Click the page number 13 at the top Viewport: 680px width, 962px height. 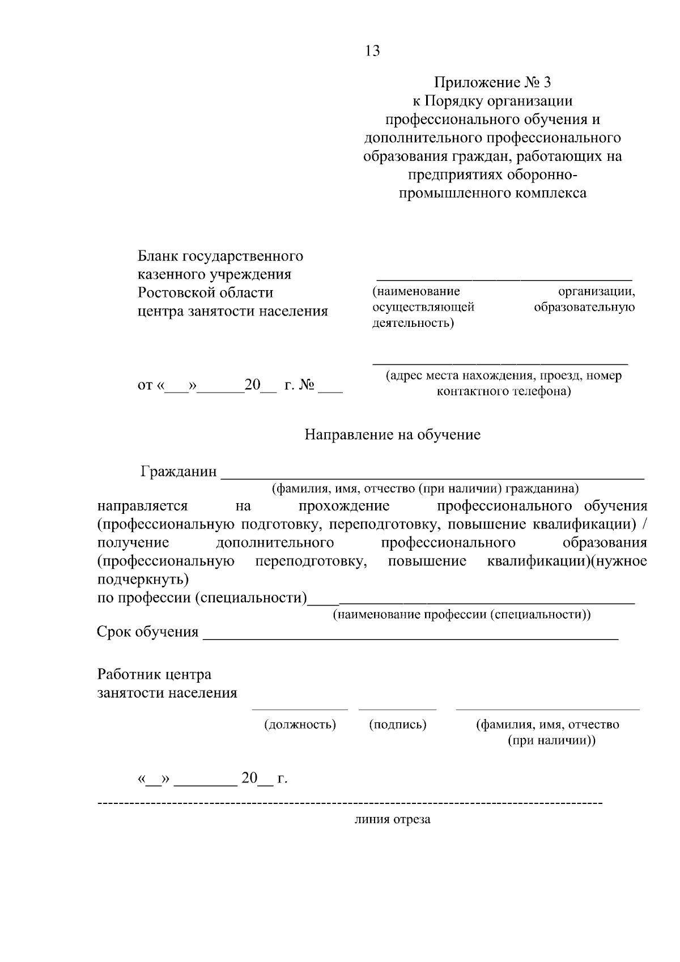(x=373, y=51)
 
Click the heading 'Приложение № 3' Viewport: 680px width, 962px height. (x=492, y=83)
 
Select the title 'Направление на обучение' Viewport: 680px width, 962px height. (x=392, y=435)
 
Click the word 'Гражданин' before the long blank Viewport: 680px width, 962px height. (x=178, y=471)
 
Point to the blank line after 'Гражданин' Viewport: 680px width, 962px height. (x=432, y=478)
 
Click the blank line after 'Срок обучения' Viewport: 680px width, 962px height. (x=410, y=639)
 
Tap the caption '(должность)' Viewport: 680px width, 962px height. (x=300, y=724)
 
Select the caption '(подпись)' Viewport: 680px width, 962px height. (x=397, y=724)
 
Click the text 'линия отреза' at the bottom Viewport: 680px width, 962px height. (x=392, y=819)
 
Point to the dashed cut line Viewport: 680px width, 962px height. (x=350, y=803)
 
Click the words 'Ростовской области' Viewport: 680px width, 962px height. (x=206, y=293)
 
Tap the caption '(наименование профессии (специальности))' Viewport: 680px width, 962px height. (x=461, y=615)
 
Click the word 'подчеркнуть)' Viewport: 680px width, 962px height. (x=143, y=580)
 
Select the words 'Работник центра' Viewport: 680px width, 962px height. (x=154, y=674)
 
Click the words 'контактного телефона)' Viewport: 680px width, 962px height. (x=503, y=391)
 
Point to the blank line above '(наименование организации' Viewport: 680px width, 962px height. (x=504, y=280)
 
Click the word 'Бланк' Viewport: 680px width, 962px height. (x=158, y=256)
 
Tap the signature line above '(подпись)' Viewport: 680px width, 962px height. (x=397, y=709)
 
